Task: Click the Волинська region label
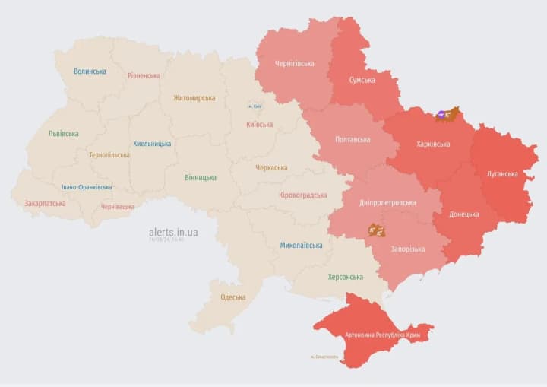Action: point(90,71)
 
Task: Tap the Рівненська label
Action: point(144,75)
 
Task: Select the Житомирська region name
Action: point(194,97)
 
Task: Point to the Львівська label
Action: point(63,133)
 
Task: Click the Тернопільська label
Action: point(109,154)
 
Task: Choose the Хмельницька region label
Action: point(152,143)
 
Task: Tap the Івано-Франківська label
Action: point(87,187)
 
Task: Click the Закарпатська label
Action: point(45,203)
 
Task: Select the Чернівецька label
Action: point(118,206)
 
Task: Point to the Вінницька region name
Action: point(201,177)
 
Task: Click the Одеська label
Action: point(232,297)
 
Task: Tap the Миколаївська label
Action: point(301,245)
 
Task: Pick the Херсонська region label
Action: point(345,277)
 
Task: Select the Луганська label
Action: point(502,173)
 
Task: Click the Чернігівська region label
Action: point(295,63)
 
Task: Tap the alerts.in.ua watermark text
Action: point(173,231)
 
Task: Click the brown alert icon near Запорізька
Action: point(376,229)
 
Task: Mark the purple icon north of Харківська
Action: point(441,115)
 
